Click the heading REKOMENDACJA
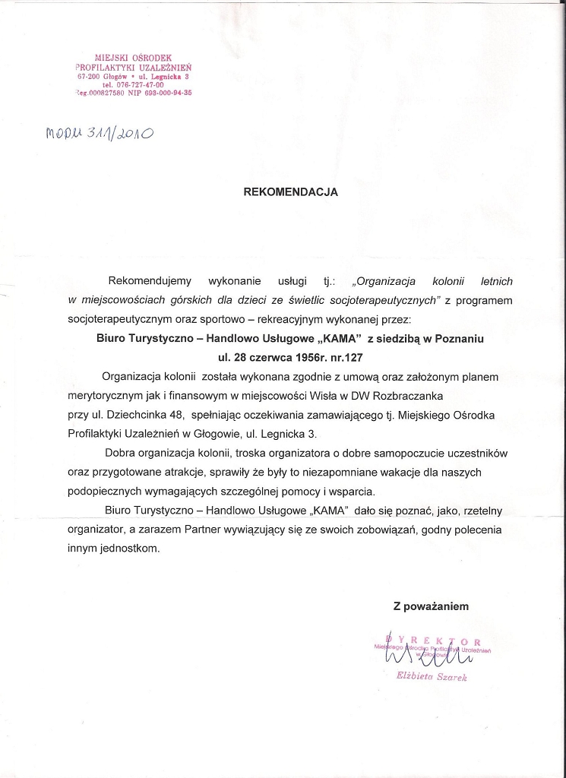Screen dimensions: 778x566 pyautogui.click(x=290, y=192)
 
